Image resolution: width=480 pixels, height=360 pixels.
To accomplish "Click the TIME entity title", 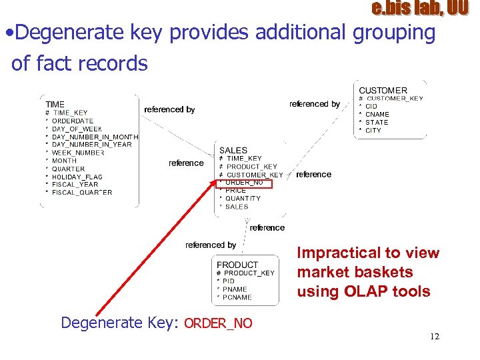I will (x=55, y=104).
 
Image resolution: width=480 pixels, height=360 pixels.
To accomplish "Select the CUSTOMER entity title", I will (x=383, y=91).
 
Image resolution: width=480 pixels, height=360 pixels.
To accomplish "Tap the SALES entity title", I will (x=233, y=151).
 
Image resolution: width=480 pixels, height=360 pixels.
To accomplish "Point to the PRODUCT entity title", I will (x=237, y=265).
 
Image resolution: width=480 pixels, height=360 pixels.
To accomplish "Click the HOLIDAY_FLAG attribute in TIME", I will (x=77, y=177).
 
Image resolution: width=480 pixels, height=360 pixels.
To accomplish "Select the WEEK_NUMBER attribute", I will (x=78, y=153).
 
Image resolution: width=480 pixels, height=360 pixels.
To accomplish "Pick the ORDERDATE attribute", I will (x=73, y=121).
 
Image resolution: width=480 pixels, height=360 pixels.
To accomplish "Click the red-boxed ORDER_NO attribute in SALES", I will (x=244, y=182).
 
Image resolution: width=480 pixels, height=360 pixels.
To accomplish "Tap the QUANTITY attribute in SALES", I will (x=243, y=198).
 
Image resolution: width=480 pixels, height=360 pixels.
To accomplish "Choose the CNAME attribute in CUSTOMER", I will (x=377, y=114).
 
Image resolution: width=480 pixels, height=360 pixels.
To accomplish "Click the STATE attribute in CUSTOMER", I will (x=377, y=122).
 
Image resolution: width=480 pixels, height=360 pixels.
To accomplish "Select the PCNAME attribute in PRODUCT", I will (x=237, y=297).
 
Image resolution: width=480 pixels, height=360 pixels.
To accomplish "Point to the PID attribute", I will (x=229, y=281).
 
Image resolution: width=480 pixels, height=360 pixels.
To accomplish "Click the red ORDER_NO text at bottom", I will (x=218, y=323).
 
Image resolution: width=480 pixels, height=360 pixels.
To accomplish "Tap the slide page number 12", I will (x=435, y=337).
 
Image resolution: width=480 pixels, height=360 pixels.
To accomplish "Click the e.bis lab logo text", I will (x=420, y=9).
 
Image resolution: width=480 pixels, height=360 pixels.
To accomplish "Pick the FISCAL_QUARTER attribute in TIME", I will (x=82, y=193).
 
